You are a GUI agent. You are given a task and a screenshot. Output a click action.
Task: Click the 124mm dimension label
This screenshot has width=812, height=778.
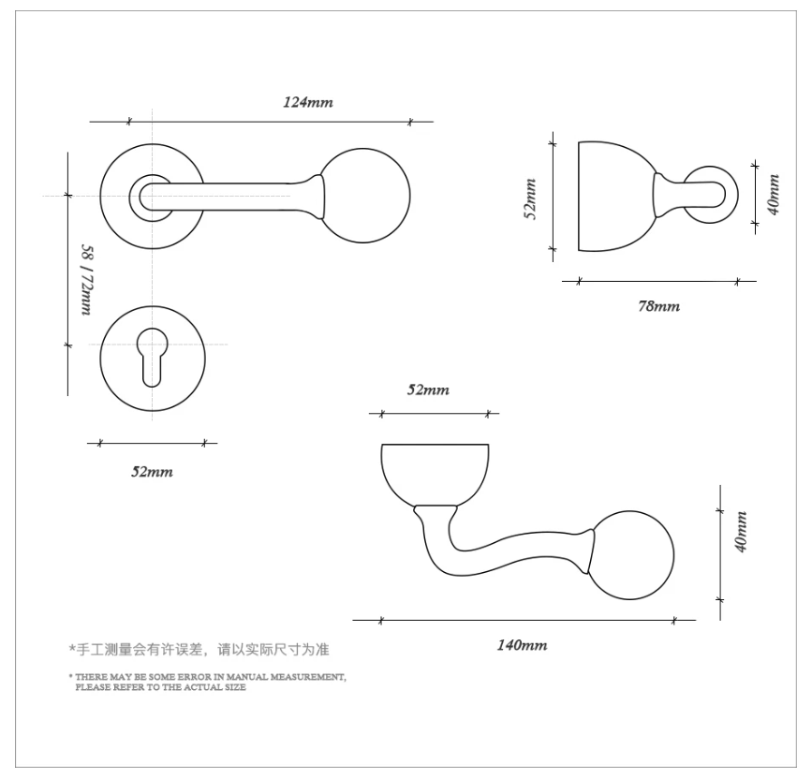pos(307,102)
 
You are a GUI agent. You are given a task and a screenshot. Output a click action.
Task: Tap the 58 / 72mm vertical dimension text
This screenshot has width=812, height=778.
pos(87,280)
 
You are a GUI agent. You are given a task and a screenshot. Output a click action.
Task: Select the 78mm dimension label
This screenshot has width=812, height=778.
pos(658,306)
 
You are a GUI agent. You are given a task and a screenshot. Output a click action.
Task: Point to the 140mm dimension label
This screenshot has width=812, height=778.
pos(522,645)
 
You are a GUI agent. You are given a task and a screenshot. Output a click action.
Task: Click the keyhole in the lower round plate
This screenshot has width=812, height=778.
pos(153,357)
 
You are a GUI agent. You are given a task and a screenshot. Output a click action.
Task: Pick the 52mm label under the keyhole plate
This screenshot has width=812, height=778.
pos(152,472)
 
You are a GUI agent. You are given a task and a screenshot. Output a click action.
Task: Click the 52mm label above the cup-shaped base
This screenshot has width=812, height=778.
pos(428,389)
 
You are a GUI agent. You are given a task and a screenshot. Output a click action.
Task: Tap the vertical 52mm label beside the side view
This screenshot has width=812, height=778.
pos(530,199)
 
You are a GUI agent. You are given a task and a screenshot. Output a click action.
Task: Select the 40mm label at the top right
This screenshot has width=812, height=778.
pos(773,195)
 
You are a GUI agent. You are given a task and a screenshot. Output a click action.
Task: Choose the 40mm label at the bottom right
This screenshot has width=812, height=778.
pos(741,532)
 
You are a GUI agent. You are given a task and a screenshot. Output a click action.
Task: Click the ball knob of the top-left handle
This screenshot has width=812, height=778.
pos(365,196)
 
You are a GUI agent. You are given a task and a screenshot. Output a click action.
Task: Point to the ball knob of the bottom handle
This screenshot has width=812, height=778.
pos(632,555)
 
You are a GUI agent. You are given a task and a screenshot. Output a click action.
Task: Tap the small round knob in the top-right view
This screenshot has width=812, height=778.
pos(731,195)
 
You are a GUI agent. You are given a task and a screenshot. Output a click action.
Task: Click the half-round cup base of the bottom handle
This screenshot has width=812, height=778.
pos(435,474)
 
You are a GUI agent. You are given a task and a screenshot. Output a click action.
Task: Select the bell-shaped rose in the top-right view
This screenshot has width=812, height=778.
pos(616,197)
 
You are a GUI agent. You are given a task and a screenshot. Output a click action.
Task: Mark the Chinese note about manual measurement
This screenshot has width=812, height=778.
pos(199,650)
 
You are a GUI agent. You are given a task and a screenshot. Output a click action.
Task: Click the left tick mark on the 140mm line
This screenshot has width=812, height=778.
pos(381,620)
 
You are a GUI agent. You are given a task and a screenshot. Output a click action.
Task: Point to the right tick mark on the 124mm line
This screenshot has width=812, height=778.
pos(409,122)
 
